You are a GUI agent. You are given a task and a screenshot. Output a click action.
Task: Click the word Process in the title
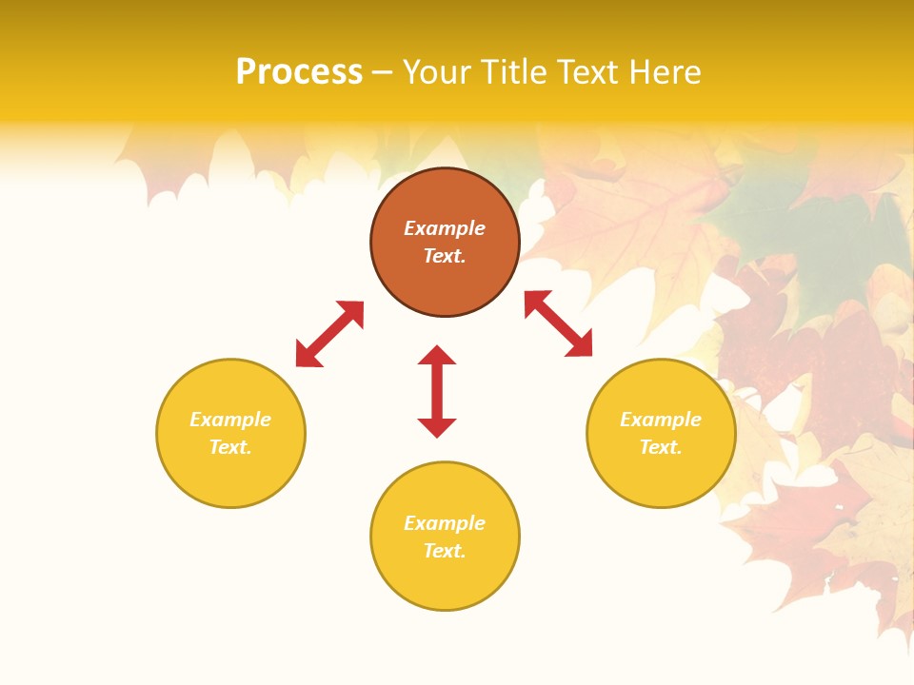pos(299,72)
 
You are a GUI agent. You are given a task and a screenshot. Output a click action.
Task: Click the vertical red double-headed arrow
pos(437,391)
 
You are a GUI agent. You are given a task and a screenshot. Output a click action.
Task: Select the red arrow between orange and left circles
pos(329,334)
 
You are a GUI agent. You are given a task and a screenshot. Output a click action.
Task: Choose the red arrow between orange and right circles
pos(559,323)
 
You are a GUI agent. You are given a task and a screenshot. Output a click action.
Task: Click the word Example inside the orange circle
pos(445,228)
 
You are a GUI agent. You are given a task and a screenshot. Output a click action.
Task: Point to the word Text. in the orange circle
pos(445,256)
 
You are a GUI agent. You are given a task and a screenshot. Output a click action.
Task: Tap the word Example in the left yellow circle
pos(230,420)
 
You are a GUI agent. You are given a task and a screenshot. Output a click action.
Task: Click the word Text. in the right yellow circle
pos(661,447)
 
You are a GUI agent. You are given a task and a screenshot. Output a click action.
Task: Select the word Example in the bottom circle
pos(445,523)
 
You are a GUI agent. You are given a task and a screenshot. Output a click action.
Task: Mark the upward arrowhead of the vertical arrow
pos(437,355)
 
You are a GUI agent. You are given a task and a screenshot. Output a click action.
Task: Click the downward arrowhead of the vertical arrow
pos(437,427)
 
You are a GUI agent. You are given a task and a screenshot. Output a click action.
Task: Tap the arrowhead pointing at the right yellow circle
pos(581,346)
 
